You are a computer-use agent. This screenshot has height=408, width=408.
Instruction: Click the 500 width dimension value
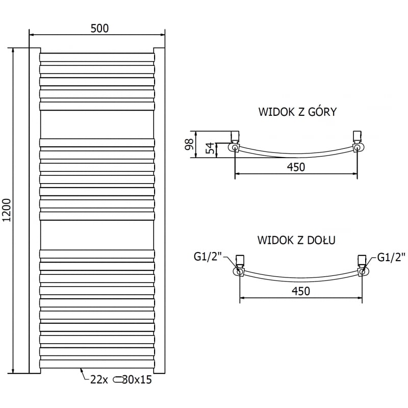coord(99,29)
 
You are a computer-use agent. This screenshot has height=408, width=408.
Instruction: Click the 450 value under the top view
coord(296,167)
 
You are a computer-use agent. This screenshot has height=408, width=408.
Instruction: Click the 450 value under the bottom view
coord(301,291)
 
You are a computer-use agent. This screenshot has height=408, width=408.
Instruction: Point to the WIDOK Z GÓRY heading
coord(298,112)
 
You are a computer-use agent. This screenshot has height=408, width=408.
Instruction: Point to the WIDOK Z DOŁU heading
coord(296,240)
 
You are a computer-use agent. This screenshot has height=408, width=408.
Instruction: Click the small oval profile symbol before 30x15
coord(118,379)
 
